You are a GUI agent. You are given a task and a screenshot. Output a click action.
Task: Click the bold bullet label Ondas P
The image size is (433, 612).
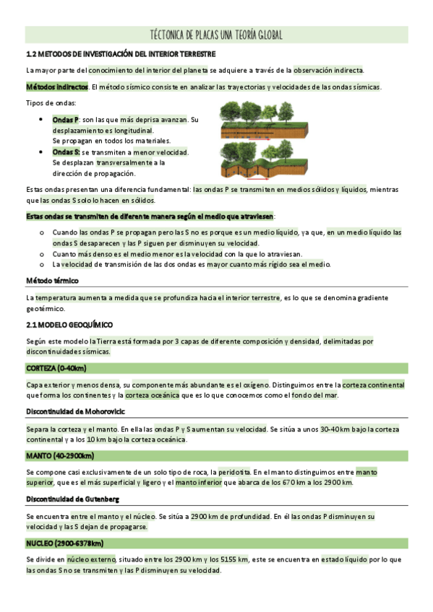(x=66, y=119)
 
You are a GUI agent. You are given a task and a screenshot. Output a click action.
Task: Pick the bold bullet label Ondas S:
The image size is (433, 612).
(x=67, y=152)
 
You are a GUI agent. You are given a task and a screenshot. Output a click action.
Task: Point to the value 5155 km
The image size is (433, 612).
(x=232, y=559)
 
